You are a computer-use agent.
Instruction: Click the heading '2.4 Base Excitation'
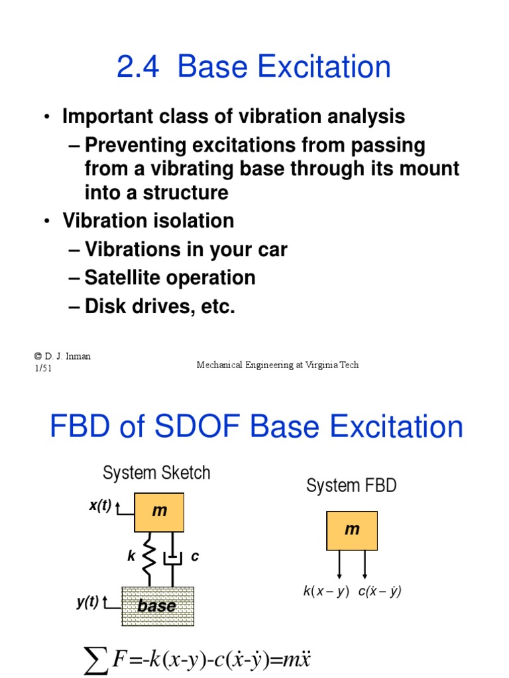pyautogui.click(x=254, y=68)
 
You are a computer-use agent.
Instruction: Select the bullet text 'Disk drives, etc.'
pyautogui.click(x=160, y=307)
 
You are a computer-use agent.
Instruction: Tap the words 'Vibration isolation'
pyautogui.click(x=148, y=220)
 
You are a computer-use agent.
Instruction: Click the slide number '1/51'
pyautogui.click(x=43, y=368)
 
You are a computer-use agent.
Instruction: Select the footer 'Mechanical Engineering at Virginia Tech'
pyautogui.click(x=278, y=365)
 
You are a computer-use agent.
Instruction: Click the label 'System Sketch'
pyautogui.click(x=156, y=473)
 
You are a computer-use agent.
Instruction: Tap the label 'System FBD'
pyautogui.click(x=351, y=485)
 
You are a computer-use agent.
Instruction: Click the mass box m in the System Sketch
pyautogui.click(x=159, y=512)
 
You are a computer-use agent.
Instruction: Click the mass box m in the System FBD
pyautogui.click(x=352, y=530)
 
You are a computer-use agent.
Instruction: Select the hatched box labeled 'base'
pyautogui.click(x=158, y=606)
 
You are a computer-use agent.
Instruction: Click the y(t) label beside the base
pyautogui.click(x=87, y=602)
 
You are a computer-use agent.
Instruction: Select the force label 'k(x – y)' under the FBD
pyautogui.click(x=326, y=592)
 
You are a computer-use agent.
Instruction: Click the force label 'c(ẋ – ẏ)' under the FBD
pyautogui.click(x=380, y=592)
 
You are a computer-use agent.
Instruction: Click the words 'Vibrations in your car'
pyautogui.click(x=186, y=250)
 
